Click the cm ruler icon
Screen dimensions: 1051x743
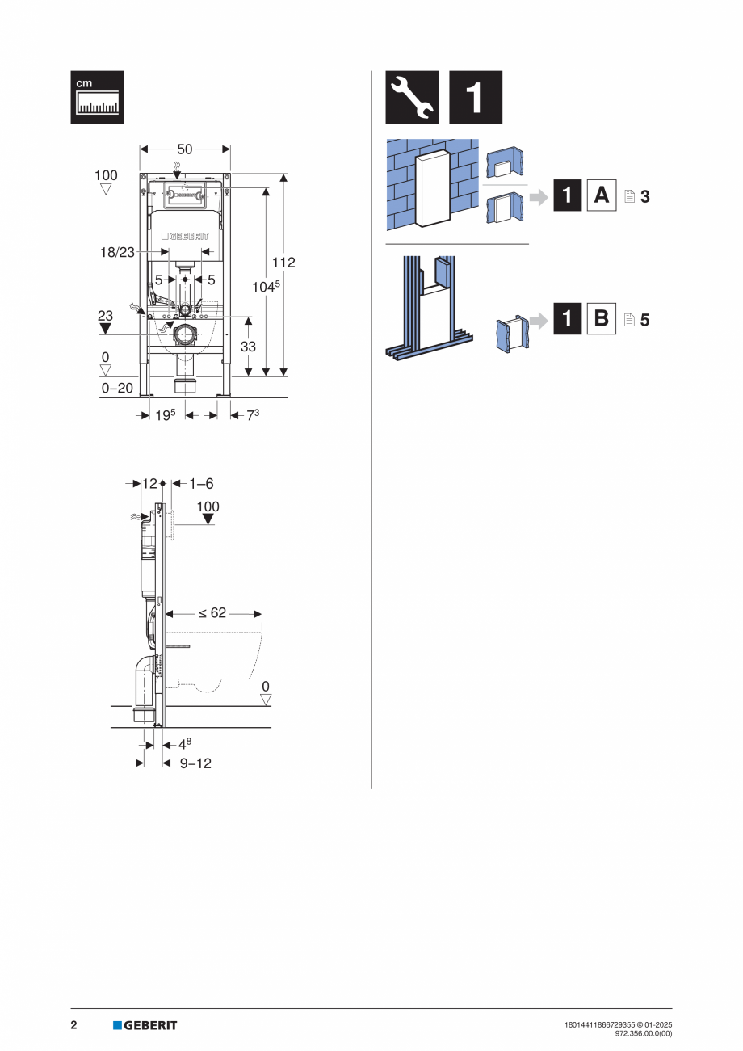(x=97, y=98)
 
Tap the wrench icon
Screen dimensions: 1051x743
(x=412, y=98)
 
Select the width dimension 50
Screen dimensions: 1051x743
(x=185, y=149)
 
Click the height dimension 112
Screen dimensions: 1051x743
(x=283, y=263)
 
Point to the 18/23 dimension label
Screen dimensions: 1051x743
(x=118, y=252)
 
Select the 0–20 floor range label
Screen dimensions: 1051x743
(x=117, y=388)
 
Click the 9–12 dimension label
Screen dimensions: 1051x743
(x=195, y=763)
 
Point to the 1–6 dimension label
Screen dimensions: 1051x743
(x=201, y=483)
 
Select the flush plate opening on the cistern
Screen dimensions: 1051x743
(x=185, y=195)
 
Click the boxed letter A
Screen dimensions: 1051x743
(x=600, y=195)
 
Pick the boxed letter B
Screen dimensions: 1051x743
(x=600, y=318)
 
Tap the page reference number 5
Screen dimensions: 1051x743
(x=644, y=319)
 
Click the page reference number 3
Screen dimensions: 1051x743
(x=644, y=196)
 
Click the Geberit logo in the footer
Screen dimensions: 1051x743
(x=145, y=1025)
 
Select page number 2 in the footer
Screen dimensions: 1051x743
(x=73, y=1025)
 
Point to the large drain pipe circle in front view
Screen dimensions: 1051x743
(x=185, y=334)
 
